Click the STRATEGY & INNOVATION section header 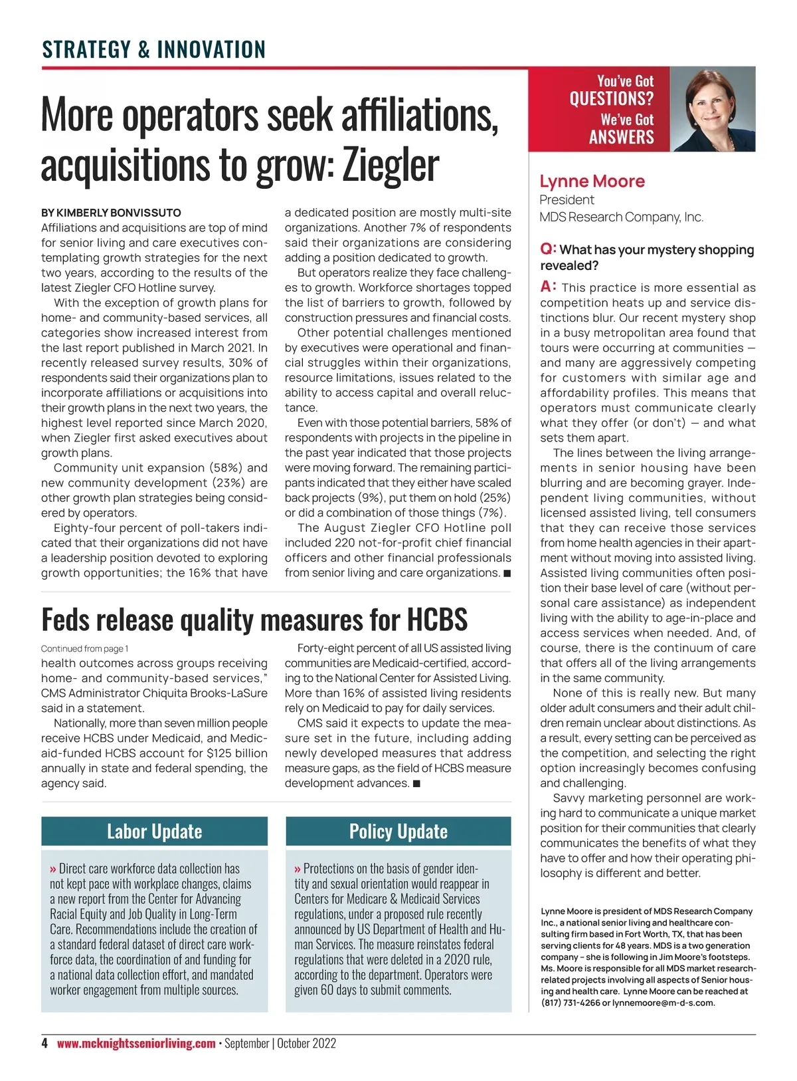pos(153,50)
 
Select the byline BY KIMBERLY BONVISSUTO pos(111,213)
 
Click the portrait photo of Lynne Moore pos(712,110)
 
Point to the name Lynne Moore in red pos(592,181)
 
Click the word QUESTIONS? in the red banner pos(611,99)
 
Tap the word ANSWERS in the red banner pos(621,138)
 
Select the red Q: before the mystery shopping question pos(548,249)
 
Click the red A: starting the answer pos(548,287)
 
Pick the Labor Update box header pos(154,832)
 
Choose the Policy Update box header pos(398,832)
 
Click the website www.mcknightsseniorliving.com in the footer pos(136,1044)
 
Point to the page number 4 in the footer pos(44,1044)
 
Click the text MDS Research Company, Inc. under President pos(621,217)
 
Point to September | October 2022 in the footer pos(280,1044)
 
